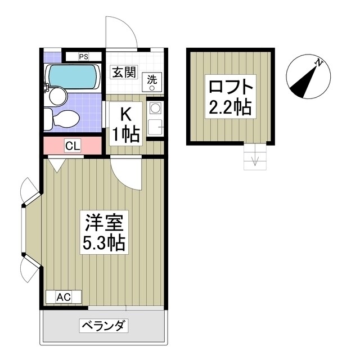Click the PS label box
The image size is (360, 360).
[83, 56]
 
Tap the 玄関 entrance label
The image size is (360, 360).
[123, 72]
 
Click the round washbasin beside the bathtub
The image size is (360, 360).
[57, 95]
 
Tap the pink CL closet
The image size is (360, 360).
[73, 146]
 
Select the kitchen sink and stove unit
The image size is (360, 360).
[154, 118]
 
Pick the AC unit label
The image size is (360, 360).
[64, 296]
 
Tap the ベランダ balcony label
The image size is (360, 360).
[104, 326]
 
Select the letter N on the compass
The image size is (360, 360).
[319, 62]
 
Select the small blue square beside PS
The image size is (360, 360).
[52, 56]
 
